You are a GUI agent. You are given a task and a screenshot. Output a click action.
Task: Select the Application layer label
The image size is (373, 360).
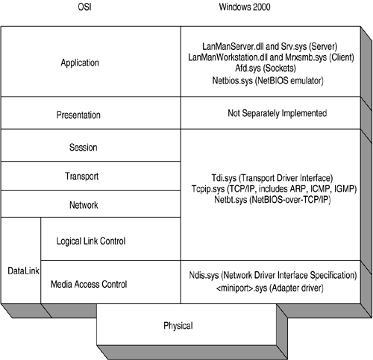click(x=90, y=63)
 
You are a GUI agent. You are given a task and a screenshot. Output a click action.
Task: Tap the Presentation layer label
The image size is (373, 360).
click(x=90, y=115)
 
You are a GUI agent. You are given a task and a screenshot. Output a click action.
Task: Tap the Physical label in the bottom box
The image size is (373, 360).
click(x=178, y=326)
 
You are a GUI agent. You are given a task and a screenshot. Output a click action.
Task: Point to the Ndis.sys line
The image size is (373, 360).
click(x=273, y=276)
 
